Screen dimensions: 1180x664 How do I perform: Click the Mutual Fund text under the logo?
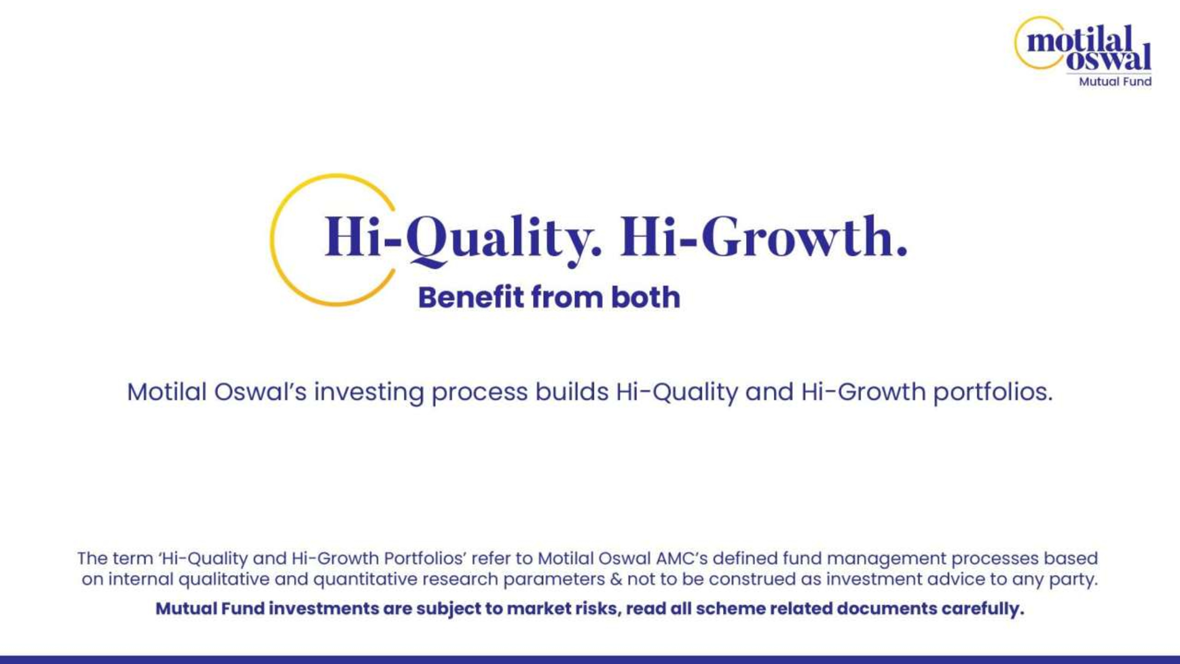pyautogui.click(x=1115, y=81)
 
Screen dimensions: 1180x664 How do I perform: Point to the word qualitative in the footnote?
pyautogui.click(x=224, y=580)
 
